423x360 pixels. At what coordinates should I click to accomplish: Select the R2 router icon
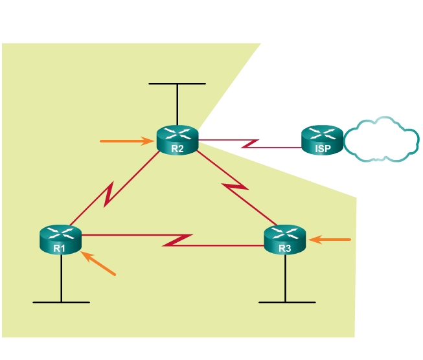coord(177,139)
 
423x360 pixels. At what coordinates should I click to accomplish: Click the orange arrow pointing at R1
coord(98,264)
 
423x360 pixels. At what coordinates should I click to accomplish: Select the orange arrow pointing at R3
coord(330,240)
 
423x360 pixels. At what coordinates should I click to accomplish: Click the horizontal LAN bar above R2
coord(177,84)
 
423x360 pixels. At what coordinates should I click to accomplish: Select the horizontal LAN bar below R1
coord(61,302)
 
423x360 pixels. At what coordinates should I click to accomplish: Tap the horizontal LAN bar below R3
coord(287,302)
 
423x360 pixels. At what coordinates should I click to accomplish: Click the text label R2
coord(177,149)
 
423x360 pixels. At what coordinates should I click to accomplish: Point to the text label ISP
coord(322,149)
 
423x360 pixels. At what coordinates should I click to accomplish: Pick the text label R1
coord(60,248)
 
